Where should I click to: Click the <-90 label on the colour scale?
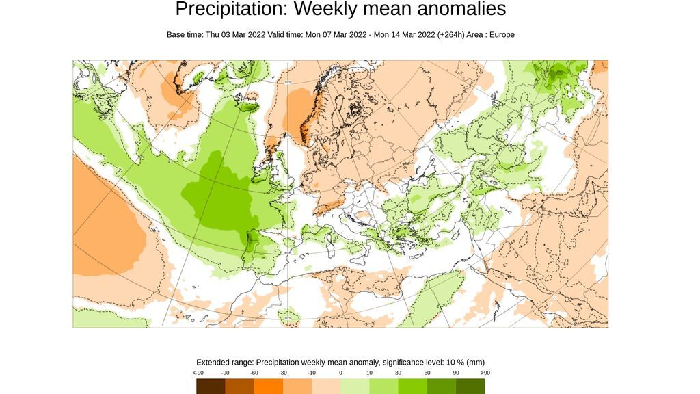click(x=198, y=373)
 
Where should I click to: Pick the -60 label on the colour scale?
click(x=254, y=373)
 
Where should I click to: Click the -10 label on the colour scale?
click(x=312, y=373)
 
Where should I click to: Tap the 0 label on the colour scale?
click(x=340, y=373)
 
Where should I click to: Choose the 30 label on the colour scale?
click(x=398, y=373)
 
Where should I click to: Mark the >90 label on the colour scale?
click(x=485, y=373)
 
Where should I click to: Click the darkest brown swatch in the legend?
click(x=211, y=386)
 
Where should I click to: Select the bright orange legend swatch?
click(x=268, y=386)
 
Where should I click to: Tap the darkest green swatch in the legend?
click(x=470, y=386)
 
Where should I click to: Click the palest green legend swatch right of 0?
click(x=355, y=386)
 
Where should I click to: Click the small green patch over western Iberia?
click(x=250, y=241)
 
